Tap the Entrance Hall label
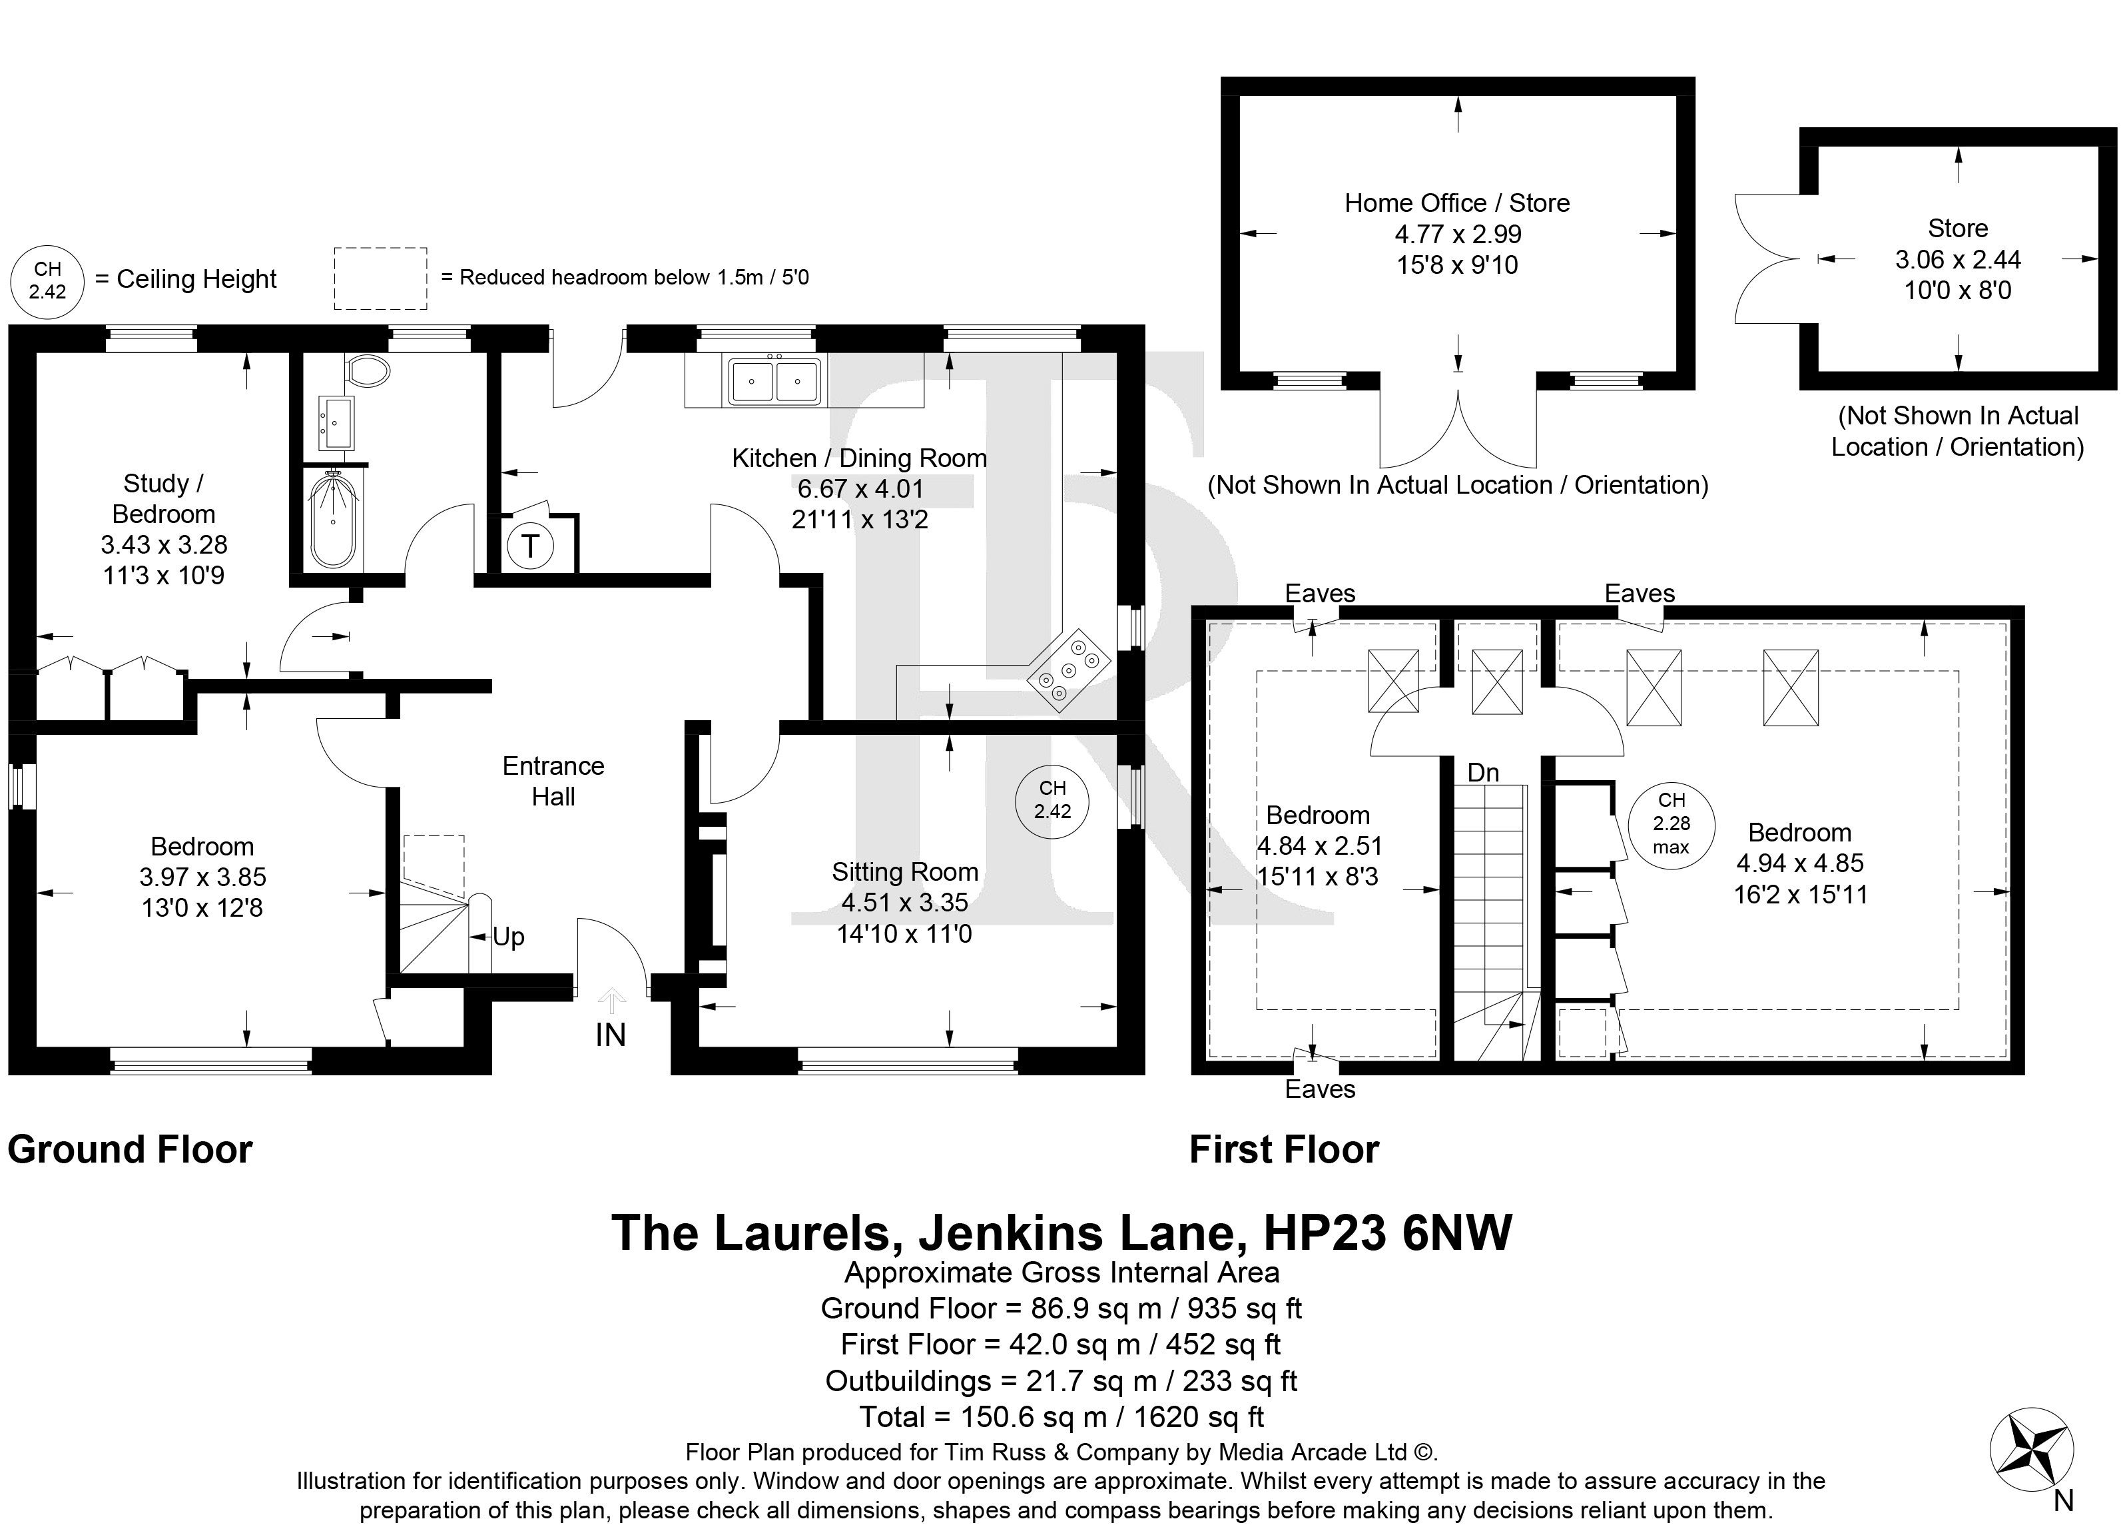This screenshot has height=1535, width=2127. [553, 781]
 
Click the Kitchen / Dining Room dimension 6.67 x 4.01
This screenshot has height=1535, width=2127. [860, 489]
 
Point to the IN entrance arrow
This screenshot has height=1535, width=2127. [611, 1001]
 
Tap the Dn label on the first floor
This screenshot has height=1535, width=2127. [1483, 772]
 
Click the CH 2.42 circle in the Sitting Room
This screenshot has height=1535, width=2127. [1052, 803]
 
